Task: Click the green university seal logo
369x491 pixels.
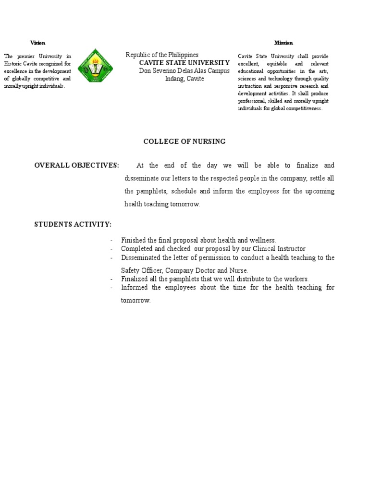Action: tap(95, 66)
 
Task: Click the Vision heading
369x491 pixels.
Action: tap(37, 43)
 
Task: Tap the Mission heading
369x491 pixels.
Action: tap(283, 43)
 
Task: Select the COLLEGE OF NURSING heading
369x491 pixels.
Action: tap(184, 141)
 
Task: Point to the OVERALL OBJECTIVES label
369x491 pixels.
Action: tap(76, 165)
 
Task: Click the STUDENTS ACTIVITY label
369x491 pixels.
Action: tap(73, 224)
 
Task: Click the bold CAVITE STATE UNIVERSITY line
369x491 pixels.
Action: tap(184, 63)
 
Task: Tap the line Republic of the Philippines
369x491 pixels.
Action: tap(162, 55)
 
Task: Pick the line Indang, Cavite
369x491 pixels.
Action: tap(184, 79)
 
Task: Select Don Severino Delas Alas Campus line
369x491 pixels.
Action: tap(184, 71)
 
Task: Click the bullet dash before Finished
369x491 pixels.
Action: tap(111, 240)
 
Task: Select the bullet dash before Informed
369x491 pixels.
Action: tap(111, 288)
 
